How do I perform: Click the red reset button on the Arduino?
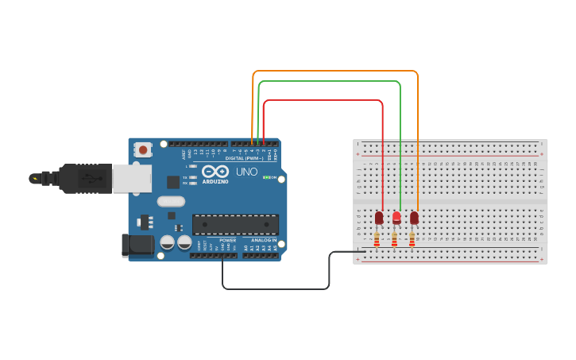143,149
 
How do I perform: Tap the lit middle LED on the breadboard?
396,217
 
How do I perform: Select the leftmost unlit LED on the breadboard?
379,217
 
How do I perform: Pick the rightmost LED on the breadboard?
414,217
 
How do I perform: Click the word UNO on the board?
246,172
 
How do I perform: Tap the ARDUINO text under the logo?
215,181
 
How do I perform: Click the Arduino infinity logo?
215,172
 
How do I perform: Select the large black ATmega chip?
235,224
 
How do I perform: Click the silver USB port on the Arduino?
131,178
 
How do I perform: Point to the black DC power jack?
137,246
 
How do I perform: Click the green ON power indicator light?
265,177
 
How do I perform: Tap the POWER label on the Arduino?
227,240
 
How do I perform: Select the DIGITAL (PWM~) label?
245,158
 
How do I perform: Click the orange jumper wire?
334,72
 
